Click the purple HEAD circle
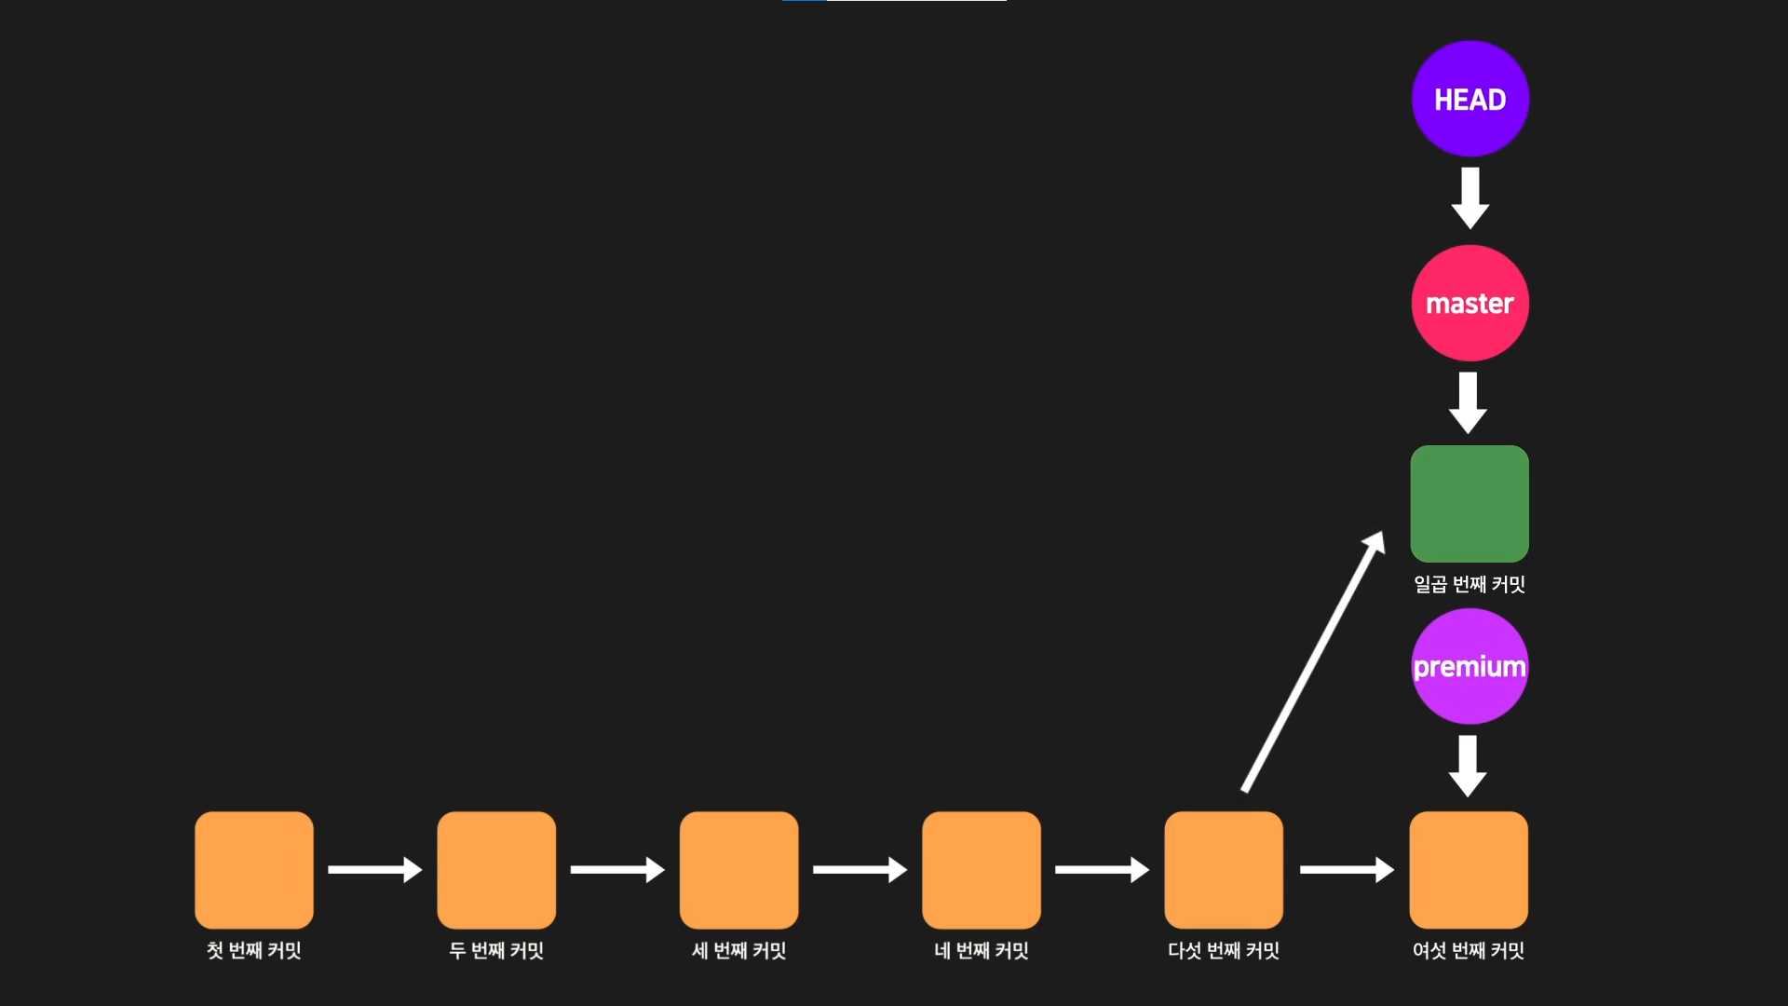tap(1470, 99)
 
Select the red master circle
tap(1470, 303)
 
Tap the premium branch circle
tap(1470, 666)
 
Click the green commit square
tap(1470, 503)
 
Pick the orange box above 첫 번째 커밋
tap(254, 869)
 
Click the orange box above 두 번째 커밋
tap(496, 869)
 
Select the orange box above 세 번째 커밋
tap(738, 869)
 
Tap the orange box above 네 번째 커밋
tap(982, 869)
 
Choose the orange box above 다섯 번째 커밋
tap(1224, 869)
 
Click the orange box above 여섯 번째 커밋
tap(1469, 869)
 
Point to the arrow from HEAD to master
tap(1470, 197)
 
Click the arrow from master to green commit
tap(1469, 402)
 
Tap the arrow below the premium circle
tap(1468, 766)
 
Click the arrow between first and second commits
tap(374, 869)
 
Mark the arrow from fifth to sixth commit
tap(1347, 869)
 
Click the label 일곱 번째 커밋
tap(1470, 584)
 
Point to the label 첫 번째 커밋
tap(254, 950)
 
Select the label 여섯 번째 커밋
tap(1469, 950)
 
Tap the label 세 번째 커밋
tap(738, 950)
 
